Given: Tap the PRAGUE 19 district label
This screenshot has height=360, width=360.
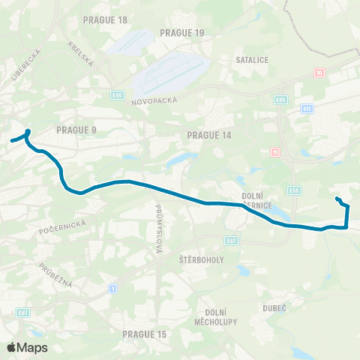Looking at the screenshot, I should (x=181, y=33).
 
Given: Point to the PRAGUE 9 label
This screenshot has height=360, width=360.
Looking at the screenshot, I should (x=76, y=130).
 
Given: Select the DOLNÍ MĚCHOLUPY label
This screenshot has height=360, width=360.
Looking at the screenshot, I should (x=221, y=316).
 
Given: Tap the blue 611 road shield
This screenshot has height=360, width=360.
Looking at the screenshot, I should (x=307, y=109).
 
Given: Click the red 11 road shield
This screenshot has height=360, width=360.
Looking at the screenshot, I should (x=274, y=152).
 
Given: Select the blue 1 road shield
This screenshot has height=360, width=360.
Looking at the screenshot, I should (x=113, y=288).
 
